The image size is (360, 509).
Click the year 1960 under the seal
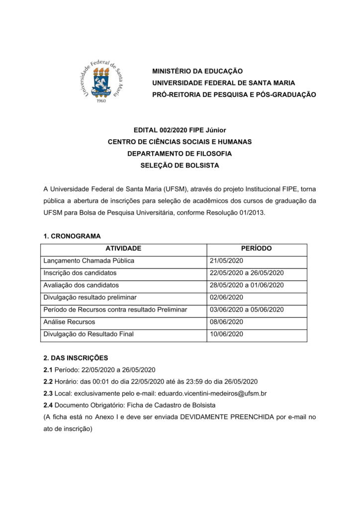pos(101,101)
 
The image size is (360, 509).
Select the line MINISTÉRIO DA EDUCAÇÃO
pos(197,72)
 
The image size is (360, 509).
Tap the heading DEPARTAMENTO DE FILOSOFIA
pos(180,154)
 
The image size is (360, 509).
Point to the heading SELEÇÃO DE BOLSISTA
pos(180,166)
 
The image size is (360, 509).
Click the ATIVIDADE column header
pos(123,249)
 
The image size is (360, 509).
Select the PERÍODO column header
pos(256,249)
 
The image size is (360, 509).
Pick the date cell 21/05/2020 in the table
pos(227,260)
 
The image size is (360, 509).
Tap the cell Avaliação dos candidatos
pos(82,285)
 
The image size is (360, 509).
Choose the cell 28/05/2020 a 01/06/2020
pos(247,285)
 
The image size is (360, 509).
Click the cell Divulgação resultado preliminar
pos(90,297)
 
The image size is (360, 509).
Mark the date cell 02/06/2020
pos(227,297)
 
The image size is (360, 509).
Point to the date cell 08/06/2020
pos(227,322)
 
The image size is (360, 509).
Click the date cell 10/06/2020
pos(227,334)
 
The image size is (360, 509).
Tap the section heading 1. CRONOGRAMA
pos(72,236)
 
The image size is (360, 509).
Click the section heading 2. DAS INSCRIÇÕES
pos(76,358)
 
